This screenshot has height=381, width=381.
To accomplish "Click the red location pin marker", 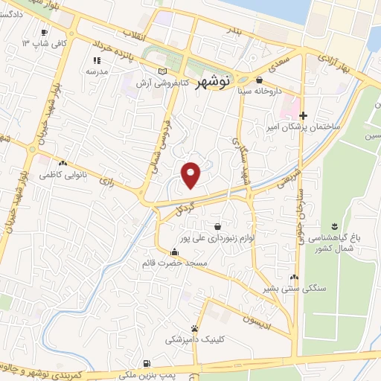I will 192,173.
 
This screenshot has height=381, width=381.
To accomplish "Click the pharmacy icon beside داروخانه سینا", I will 259,80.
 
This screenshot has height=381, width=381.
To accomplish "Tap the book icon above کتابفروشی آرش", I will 162,71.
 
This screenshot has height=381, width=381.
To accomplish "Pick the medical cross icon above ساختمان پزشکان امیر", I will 303,115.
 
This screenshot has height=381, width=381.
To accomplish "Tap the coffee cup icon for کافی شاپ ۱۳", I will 44,32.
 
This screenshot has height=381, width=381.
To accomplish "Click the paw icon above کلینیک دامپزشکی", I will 194,327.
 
